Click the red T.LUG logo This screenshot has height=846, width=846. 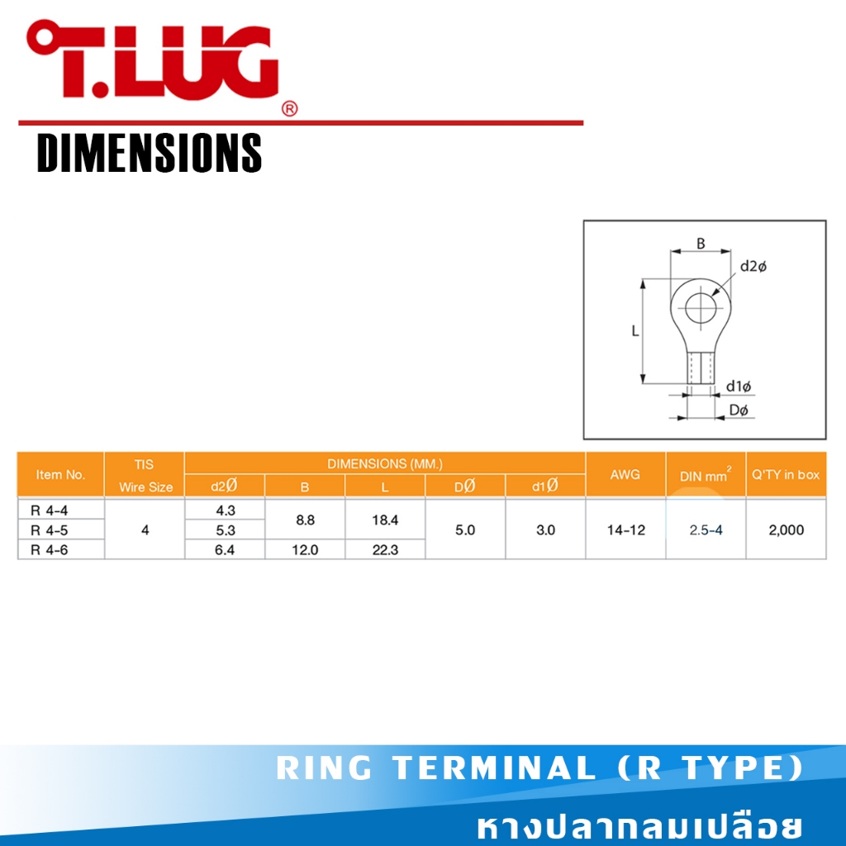[x=153, y=59]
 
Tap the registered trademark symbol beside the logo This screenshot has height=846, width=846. [x=290, y=109]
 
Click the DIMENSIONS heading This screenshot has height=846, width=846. [x=150, y=153]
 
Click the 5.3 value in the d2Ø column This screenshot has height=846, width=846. [x=225, y=530]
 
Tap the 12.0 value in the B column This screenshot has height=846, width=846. [x=305, y=549]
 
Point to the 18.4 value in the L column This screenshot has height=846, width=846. [x=385, y=520]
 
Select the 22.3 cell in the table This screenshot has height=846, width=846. [x=385, y=549]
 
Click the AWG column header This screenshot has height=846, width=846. [x=625, y=475]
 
